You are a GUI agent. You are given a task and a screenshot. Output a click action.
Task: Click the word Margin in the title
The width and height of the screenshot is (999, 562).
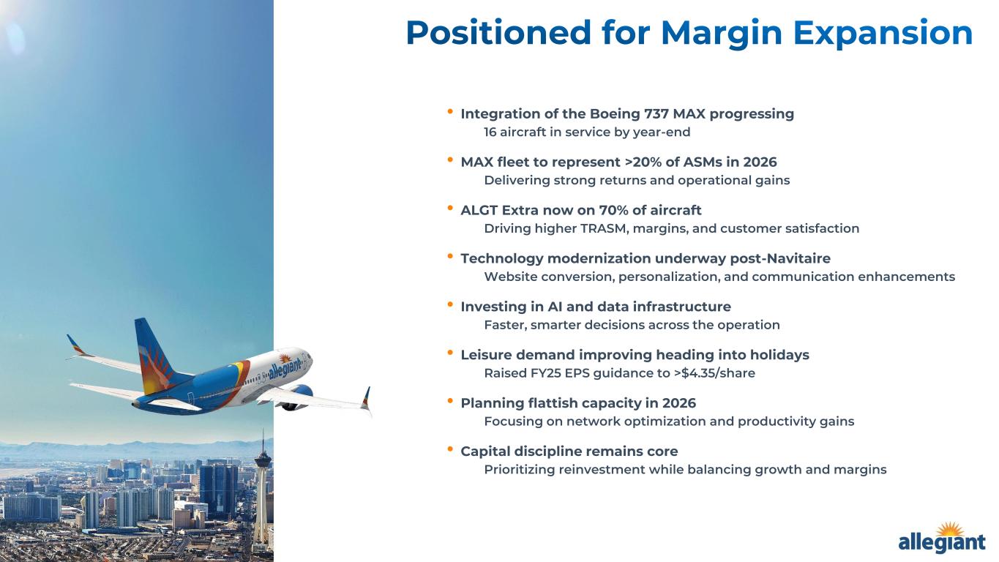tap(721, 33)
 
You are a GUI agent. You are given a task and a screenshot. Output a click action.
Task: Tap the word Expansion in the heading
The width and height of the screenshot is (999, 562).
tap(883, 33)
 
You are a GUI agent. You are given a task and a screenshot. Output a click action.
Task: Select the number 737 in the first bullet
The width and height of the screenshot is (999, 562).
tap(656, 113)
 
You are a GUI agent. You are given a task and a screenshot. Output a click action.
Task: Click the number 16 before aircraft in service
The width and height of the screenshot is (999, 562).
tap(490, 132)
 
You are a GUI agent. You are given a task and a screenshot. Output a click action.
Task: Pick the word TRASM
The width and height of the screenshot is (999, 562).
tap(605, 228)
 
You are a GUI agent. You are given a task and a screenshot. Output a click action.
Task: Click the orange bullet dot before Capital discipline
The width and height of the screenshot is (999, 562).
tap(450, 449)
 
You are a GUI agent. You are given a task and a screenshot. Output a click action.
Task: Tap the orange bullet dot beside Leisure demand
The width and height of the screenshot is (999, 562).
tap(450, 353)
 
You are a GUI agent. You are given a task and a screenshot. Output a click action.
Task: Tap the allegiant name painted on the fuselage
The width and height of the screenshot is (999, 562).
tap(285, 367)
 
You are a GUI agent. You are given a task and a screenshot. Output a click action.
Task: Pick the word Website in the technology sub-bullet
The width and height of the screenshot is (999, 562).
tap(511, 277)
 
